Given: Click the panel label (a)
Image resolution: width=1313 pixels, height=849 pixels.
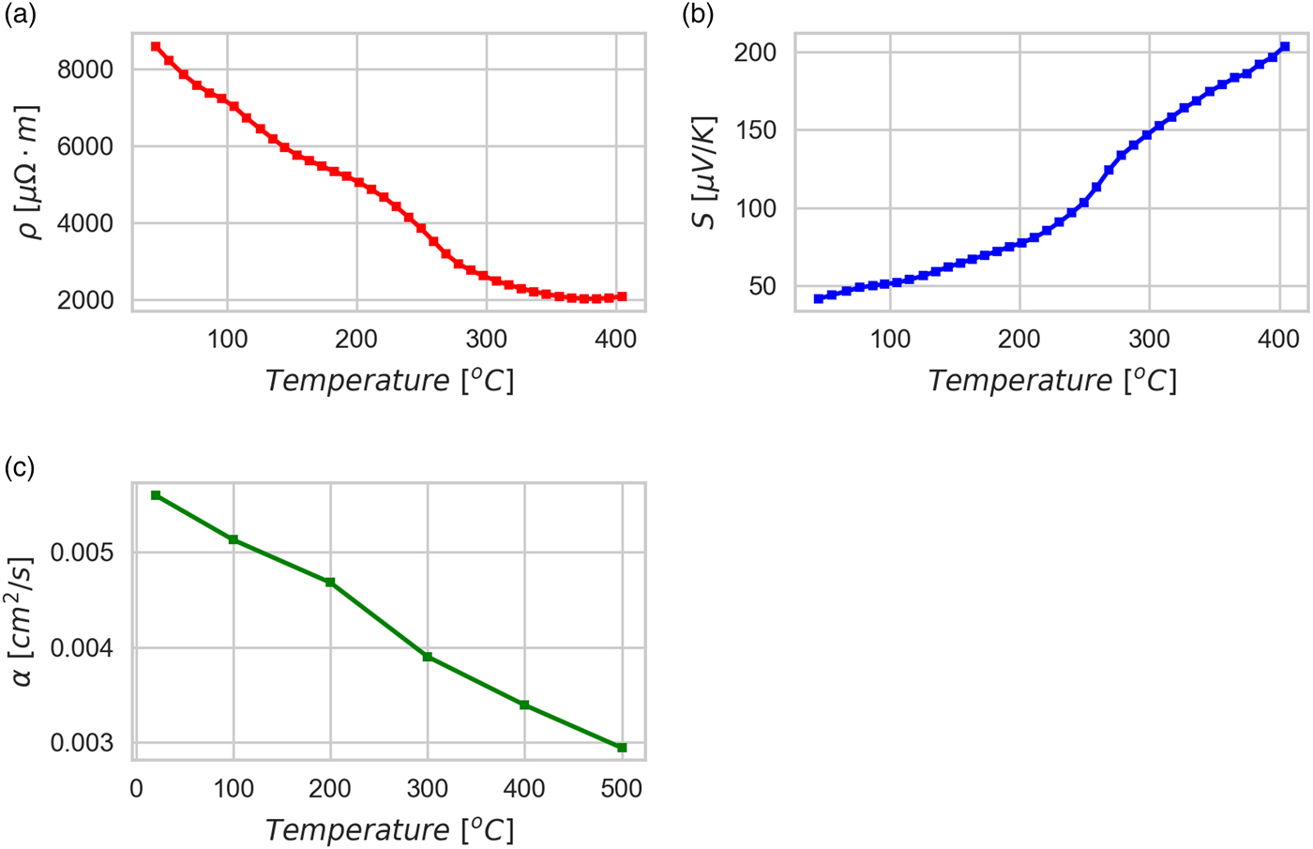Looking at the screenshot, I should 20,16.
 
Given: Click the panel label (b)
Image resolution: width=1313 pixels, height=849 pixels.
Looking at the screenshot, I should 698,16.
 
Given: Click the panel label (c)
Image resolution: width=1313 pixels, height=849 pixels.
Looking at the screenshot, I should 20,466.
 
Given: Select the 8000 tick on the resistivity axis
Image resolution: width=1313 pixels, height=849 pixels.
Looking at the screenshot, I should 85,70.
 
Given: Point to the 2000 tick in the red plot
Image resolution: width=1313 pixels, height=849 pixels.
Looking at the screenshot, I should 85,301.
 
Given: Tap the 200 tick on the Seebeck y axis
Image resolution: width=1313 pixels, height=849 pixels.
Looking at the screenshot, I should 755,53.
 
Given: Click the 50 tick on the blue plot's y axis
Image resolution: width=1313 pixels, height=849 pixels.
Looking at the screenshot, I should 762,286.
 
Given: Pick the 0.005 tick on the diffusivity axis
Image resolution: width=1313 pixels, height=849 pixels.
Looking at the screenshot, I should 82,553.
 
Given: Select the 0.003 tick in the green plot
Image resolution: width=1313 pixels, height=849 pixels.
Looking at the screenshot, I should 82,744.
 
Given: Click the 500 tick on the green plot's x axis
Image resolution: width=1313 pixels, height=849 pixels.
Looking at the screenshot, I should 622,789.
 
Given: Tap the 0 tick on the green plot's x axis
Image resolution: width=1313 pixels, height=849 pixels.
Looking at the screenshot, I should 137,789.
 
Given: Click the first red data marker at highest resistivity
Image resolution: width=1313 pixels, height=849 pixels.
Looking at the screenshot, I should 156,46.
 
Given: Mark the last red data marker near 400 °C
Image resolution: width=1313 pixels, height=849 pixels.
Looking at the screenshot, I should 622,296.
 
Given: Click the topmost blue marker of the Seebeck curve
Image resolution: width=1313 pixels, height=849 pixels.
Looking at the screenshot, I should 1285,46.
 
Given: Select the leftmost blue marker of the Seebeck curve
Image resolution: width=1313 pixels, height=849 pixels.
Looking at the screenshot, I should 819,298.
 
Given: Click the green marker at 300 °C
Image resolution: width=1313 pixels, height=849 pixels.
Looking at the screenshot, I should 428,657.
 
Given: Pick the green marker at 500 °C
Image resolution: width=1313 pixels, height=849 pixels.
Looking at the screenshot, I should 622,748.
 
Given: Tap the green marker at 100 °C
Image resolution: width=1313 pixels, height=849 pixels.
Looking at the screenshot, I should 234,539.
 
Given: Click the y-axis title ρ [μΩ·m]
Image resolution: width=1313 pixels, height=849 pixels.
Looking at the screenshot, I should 30,173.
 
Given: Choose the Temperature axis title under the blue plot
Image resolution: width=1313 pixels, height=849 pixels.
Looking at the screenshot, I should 1051,381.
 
